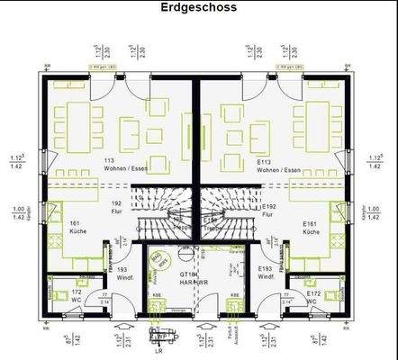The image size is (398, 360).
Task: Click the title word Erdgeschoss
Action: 199,8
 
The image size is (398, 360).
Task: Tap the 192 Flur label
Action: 115,208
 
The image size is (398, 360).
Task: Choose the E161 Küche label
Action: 312,227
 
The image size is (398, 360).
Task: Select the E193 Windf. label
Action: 265,272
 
